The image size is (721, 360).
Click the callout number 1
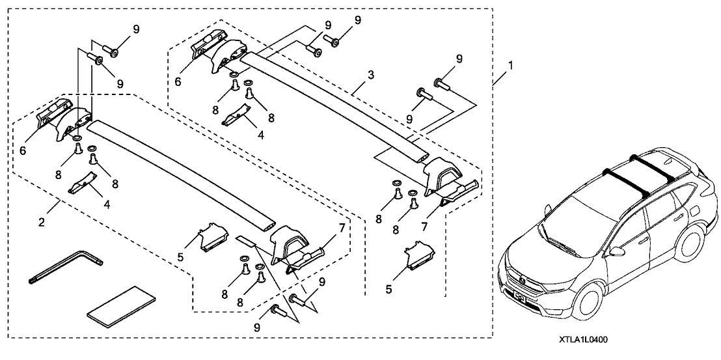pyautogui.click(x=511, y=65)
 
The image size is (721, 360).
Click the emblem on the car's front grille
pyautogui.click(x=522, y=282)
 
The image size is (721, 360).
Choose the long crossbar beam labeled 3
pyautogui.click(x=332, y=104)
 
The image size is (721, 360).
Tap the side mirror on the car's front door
pyautogui.click(x=616, y=251)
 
